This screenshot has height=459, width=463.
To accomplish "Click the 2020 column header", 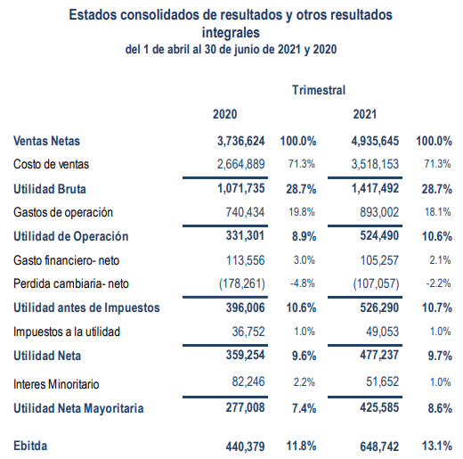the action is (224, 114).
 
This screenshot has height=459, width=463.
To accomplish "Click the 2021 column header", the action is (365, 114).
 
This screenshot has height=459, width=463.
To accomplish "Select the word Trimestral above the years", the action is (319, 90).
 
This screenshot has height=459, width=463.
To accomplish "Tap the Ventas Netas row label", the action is (46, 141).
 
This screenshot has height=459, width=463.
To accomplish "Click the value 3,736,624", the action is (241, 141).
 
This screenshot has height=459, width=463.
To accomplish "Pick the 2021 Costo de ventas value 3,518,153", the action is (375, 164).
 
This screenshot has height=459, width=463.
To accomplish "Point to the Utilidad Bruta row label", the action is (50, 189).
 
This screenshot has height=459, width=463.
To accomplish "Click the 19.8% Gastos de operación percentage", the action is (302, 212).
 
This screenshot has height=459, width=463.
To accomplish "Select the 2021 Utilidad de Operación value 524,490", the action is (379, 235).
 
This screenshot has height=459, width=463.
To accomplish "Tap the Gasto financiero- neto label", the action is (66, 260).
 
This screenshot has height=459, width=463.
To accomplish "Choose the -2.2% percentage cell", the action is (439, 283).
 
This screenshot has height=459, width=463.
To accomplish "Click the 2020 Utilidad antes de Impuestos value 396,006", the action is (245, 307).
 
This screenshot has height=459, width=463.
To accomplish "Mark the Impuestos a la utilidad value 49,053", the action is (382, 332).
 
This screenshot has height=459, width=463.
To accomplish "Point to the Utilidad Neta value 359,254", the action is (245, 355).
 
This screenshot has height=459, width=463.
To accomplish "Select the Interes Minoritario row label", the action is (56, 384).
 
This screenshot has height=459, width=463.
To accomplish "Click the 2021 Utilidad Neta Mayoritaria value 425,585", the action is (379, 407).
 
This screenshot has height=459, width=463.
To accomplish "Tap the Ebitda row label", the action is (30, 446).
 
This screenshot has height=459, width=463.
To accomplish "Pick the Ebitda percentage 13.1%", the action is (437, 446).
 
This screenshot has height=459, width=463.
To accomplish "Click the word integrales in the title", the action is (231, 33).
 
